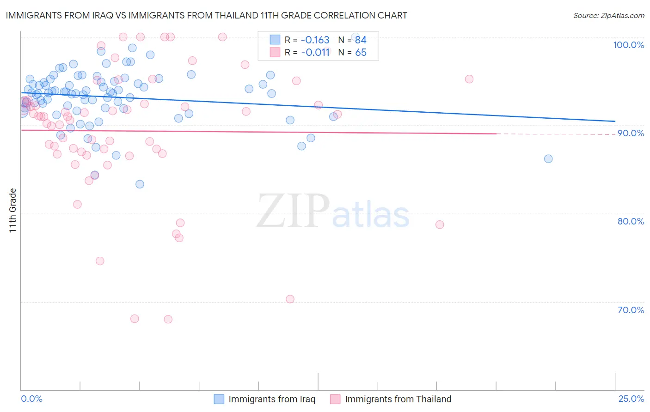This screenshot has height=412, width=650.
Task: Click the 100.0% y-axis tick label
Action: click(x=628, y=45)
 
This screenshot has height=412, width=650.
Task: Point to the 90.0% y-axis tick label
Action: click(x=631, y=133)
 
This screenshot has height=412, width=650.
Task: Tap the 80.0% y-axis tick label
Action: click(x=631, y=221)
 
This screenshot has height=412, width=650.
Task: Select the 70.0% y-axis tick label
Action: click(x=631, y=309)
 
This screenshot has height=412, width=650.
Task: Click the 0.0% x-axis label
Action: click(x=31, y=399)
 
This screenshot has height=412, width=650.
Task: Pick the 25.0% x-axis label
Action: click(x=631, y=399)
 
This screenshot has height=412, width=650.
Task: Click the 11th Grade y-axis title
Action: click(x=13, y=210)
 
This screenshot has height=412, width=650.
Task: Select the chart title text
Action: click(x=206, y=15)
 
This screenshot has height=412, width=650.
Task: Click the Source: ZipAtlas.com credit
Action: click(x=608, y=15)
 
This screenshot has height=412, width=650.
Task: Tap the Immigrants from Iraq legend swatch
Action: click(x=219, y=399)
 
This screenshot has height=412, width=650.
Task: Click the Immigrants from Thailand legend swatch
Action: click(x=335, y=399)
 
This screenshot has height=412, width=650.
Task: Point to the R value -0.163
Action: click(x=315, y=40)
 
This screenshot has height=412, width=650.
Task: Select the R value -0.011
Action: click(x=315, y=52)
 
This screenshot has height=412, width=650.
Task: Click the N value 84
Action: click(x=361, y=40)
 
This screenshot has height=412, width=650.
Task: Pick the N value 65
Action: click(x=361, y=52)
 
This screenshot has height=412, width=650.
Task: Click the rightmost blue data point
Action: click(x=548, y=159)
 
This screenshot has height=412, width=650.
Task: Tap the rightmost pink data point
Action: click(x=469, y=79)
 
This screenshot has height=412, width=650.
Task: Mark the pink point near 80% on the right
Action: click(x=440, y=224)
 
